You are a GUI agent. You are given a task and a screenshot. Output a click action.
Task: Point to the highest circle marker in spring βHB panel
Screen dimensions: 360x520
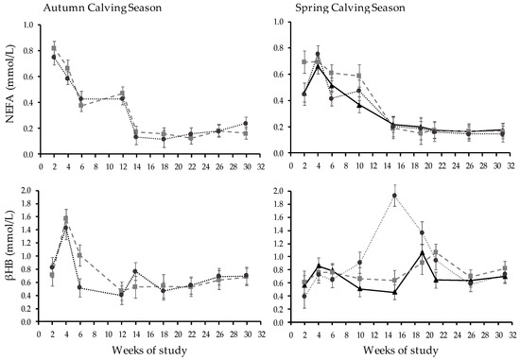(x=394, y=196)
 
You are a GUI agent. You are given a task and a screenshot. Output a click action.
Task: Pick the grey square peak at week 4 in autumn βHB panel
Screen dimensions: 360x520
(x=66, y=218)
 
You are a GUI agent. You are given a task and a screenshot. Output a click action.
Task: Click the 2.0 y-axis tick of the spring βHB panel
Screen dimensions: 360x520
(x=287, y=190)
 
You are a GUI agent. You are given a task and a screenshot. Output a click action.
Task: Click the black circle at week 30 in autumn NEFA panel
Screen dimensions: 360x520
(x=246, y=123)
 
